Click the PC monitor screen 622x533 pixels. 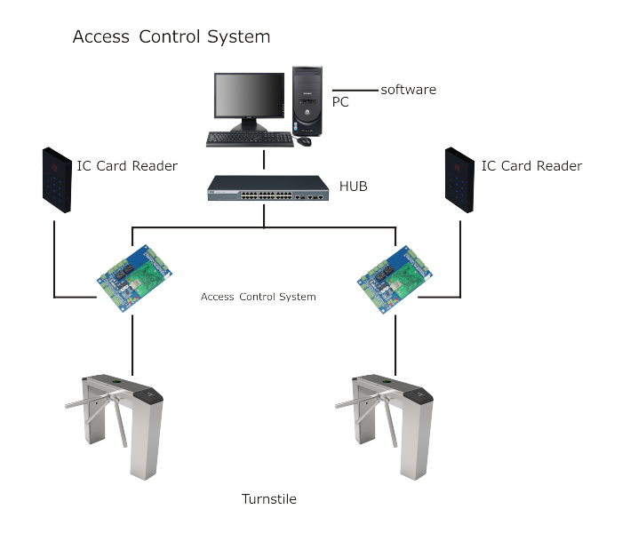249,95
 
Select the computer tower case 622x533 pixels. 307,101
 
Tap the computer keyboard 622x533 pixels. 250,139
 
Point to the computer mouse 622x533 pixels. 304,140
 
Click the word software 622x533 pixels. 408,90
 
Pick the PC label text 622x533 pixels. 340,102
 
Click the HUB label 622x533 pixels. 354,186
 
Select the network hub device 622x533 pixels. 268,188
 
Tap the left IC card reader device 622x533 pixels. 57,180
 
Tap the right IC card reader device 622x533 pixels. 459,180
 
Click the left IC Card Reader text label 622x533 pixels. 127,166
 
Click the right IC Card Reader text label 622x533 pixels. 531,166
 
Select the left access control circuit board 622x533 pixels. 134,278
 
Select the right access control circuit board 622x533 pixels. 395,280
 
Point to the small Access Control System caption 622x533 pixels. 259,297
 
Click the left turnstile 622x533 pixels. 115,426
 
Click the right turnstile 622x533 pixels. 385,426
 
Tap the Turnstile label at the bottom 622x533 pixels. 269,499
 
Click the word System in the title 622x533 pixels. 238,37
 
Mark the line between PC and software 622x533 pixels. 355,91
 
